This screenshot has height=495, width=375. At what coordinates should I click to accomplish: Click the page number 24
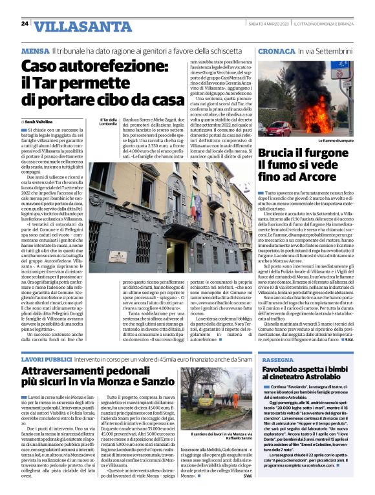click(x=25, y=24)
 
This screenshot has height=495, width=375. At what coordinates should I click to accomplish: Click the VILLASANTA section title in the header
click(x=76, y=26)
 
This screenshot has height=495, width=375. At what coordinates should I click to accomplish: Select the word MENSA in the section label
click(x=34, y=50)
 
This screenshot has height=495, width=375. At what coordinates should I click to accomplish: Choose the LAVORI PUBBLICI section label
click(x=49, y=358)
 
